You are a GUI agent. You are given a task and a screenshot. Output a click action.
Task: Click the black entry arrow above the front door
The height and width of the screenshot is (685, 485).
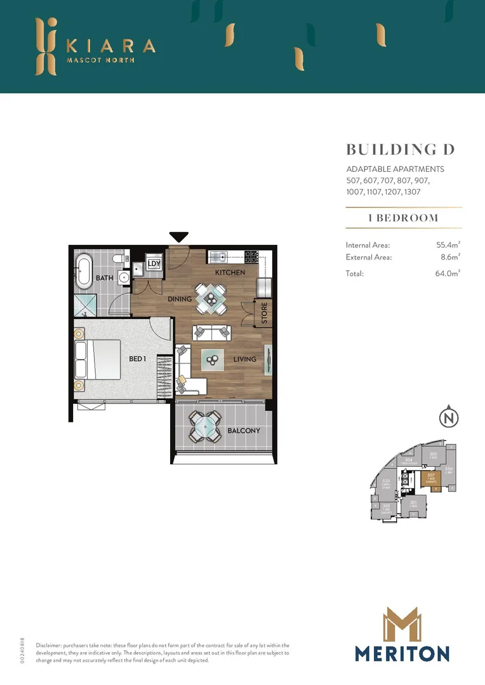point(179,237)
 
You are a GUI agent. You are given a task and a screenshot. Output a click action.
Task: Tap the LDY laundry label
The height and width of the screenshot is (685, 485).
point(154,264)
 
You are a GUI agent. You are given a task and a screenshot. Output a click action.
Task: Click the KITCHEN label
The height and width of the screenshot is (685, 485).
point(230,273)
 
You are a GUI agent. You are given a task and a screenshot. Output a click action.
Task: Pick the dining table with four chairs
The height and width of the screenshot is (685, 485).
point(210,298)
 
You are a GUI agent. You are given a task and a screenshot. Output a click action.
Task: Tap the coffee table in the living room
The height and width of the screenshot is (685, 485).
point(211,360)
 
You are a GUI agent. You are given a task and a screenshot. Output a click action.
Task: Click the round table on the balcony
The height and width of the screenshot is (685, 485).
point(204,427)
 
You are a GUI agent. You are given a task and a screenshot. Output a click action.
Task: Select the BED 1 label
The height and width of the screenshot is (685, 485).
point(138,359)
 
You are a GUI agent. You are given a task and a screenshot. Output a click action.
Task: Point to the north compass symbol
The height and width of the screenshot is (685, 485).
point(449,418)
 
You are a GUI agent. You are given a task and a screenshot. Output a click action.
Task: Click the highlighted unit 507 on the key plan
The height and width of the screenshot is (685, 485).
point(430,480)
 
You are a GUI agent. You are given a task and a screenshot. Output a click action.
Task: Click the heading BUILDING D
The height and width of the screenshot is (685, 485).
point(401,150)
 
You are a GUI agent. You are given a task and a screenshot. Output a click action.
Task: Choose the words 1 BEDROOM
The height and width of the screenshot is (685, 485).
point(403,218)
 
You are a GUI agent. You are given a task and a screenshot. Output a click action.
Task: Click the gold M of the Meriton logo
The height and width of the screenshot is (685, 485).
point(402,624)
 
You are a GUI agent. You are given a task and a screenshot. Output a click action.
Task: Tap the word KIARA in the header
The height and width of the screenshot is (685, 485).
point(110,46)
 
